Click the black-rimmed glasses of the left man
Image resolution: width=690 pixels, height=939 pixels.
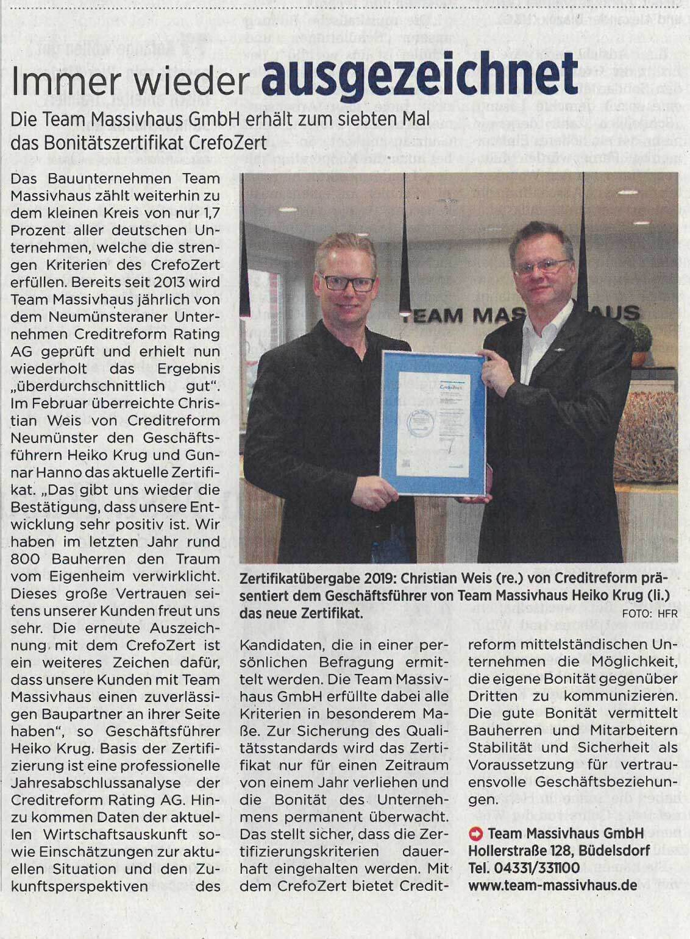[349, 282]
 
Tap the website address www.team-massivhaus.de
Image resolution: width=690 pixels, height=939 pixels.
[548, 885]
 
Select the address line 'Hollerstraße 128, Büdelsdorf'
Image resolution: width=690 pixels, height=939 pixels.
[559, 850]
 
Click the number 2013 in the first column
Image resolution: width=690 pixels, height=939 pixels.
[174, 282]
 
